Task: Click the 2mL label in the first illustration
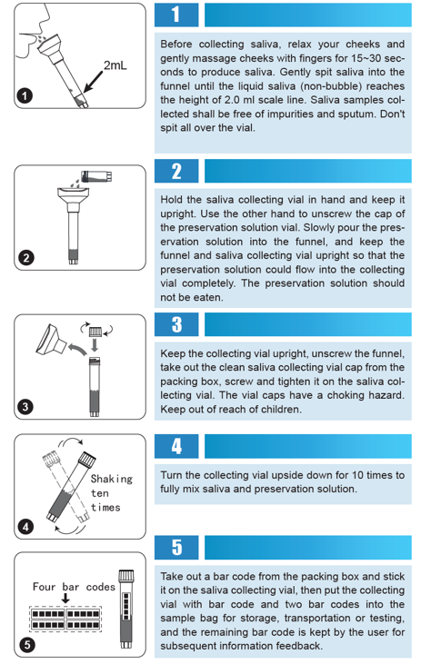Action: (x=115, y=66)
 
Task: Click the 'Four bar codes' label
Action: (x=74, y=587)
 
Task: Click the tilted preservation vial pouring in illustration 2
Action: (x=94, y=175)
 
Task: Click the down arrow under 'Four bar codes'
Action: (x=65, y=600)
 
